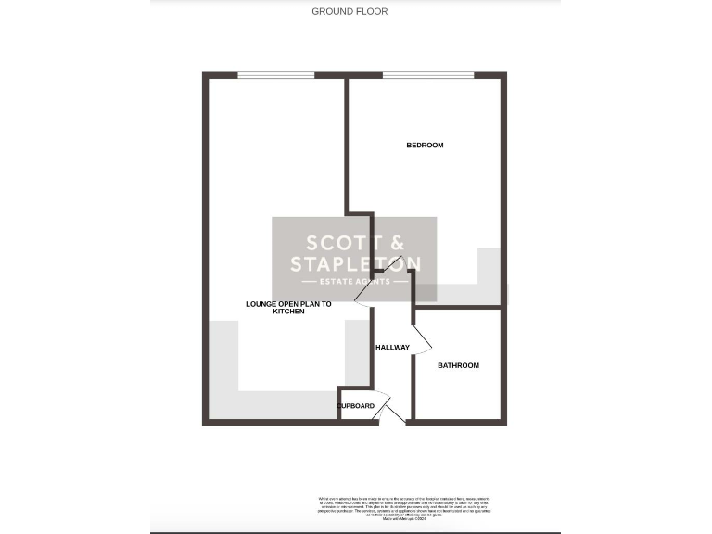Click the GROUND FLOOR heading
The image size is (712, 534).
click(x=350, y=12)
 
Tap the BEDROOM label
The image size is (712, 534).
click(x=425, y=146)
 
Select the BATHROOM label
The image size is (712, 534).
click(x=458, y=366)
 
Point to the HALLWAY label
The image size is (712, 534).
click(x=392, y=348)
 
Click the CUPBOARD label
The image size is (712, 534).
click(x=356, y=406)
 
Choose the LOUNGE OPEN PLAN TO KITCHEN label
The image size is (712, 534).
click(x=288, y=308)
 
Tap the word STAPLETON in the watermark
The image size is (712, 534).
click(x=355, y=264)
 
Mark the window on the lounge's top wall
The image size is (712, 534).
click(x=275, y=75)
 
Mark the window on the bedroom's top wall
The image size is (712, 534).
click(x=427, y=75)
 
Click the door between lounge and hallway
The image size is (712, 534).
click(x=362, y=294)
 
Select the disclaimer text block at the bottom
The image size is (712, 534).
click(x=409, y=508)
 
